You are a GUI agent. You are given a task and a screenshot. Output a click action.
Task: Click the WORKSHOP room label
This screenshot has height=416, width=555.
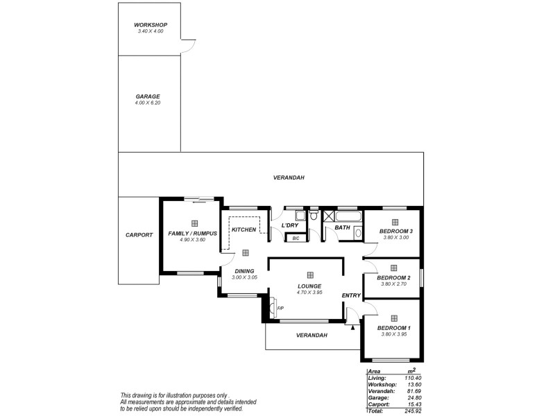click(x=151, y=25)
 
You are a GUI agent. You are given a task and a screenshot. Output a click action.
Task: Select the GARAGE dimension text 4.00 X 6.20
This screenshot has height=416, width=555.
click(x=147, y=103)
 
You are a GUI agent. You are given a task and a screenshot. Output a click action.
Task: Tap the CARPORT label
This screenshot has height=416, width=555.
click(x=139, y=235)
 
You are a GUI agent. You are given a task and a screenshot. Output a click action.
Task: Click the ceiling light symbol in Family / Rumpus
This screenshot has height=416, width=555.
click(x=194, y=223)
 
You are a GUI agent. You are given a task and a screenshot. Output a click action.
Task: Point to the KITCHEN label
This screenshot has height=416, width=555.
click(x=244, y=229)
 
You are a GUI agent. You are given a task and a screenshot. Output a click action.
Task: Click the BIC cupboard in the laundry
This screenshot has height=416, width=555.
click(x=296, y=239)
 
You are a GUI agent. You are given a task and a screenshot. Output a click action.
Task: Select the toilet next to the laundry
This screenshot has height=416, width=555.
click(x=314, y=218)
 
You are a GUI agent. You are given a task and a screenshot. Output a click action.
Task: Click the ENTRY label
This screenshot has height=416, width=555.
click(x=351, y=296)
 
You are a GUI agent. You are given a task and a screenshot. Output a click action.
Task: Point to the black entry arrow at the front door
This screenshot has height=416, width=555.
click(x=354, y=327)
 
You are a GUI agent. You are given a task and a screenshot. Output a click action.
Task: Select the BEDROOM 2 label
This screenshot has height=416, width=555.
click(x=393, y=277)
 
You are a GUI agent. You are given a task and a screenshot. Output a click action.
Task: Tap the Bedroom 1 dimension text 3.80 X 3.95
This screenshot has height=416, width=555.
click(x=393, y=334)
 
